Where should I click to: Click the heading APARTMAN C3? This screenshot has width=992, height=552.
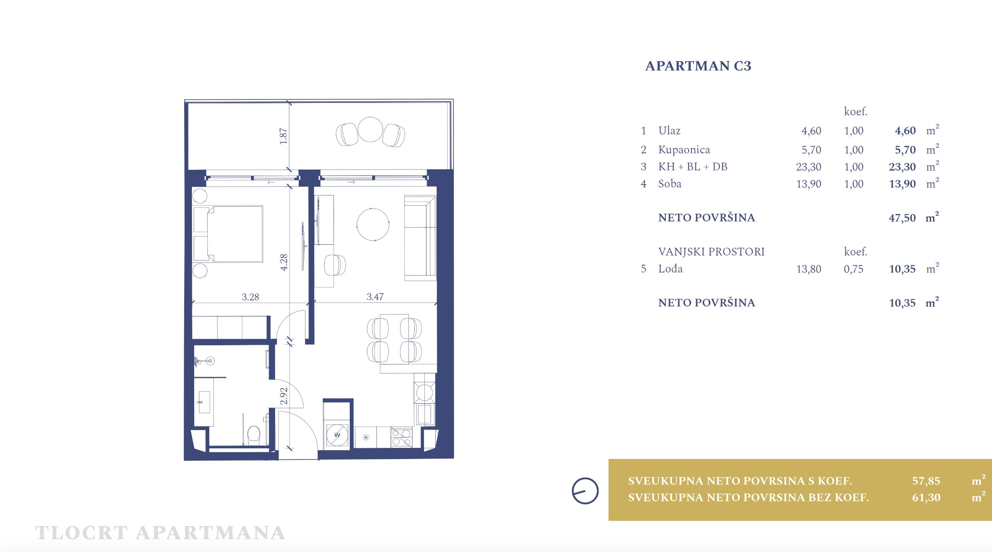(x=698, y=66)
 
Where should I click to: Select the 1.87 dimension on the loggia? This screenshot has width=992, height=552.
(x=283, y=136)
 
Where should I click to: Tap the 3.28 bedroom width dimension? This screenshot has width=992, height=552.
(x=250, y=297)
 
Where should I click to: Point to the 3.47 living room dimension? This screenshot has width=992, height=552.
(x=375, y=297)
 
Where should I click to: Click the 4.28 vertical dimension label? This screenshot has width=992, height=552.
(x=284, y=262)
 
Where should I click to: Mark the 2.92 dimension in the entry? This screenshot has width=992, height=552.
(x=284, y=396)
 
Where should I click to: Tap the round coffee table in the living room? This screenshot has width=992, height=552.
(x=373, y=225)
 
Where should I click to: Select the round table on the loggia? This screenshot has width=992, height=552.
(x=370, y=129)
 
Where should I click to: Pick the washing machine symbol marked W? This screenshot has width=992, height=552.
(x=337, y=435)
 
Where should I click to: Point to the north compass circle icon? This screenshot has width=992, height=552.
(x=585, y=491)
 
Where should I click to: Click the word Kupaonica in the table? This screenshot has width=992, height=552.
(x=684, y=149)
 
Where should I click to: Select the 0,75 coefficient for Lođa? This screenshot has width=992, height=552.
(x=853, y=269)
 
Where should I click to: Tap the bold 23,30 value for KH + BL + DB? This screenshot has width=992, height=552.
(x=902, y=167)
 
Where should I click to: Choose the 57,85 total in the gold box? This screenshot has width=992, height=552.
(x=926, y=481)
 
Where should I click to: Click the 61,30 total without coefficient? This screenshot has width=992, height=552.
(x=926, y=497)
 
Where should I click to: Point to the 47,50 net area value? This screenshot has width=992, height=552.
(x=902, y=218)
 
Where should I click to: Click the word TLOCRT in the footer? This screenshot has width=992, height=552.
(x=81, y=533)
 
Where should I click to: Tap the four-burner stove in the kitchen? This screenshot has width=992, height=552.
(x=402, y=437)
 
